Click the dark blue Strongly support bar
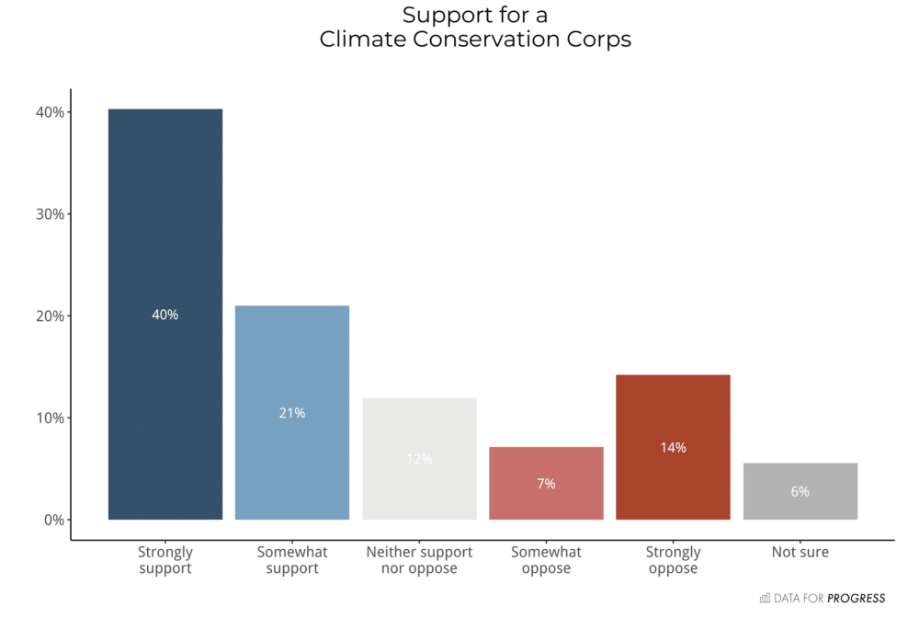click(x=165, y=230)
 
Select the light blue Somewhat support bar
click(x=292, y=368)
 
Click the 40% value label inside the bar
click(x=165, y=315)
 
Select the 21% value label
click(x=292, y=413)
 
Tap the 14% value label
click(x=673, y=448)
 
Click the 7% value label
click(x=546, y=484)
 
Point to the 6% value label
click(x=800, y=492)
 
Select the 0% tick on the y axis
click(x=53, y=520)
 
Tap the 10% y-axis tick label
click(x=51, y=418)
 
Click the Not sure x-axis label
click(x=800, y=553)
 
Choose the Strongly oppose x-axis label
click(x=673, y=560)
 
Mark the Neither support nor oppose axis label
click(x=419, y=560)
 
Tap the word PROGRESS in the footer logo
click(x=856, y=599)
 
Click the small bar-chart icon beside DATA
click(x=765, y=599)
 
